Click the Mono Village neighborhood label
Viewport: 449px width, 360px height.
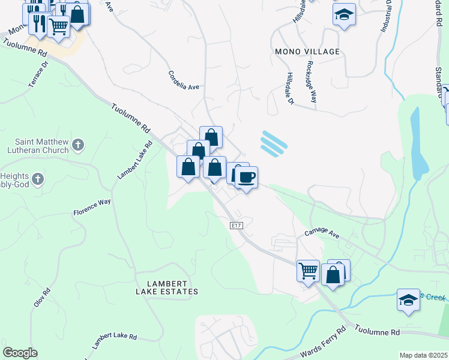(307, 52)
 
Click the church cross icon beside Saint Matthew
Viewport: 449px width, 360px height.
(77, 145)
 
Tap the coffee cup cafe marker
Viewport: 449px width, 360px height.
(246, 177)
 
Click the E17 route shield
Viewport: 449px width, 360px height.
(237, 225)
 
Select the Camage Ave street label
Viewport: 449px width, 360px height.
(322, 233)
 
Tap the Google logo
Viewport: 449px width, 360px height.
(20, 353)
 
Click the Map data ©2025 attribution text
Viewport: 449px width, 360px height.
(423, 355)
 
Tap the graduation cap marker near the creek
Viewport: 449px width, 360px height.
(408, 299)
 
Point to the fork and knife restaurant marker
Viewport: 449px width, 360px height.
(40, 23)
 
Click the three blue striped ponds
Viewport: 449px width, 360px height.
(274, 144)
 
